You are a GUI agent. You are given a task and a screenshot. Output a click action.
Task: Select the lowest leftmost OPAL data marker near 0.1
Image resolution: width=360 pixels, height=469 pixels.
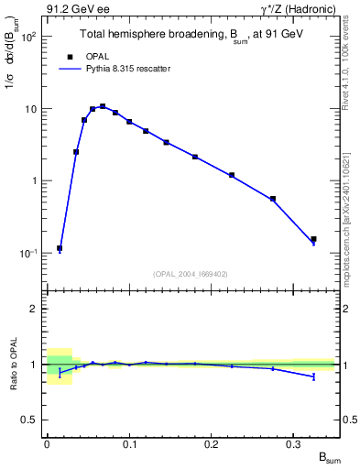(x=60, y=248)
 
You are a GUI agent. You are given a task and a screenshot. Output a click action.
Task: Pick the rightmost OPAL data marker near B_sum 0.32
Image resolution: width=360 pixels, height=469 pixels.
(x=313, y=239)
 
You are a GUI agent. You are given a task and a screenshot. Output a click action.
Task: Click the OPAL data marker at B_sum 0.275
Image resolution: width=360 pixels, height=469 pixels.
(x=273, y=199)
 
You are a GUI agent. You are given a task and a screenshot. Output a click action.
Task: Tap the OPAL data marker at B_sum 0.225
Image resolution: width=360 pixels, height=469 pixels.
(x=232, y=175)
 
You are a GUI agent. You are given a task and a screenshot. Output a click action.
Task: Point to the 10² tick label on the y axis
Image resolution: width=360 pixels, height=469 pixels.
(x=27, y=38)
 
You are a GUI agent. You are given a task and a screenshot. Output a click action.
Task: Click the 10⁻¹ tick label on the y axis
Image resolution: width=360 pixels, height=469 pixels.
(x=27, y=253)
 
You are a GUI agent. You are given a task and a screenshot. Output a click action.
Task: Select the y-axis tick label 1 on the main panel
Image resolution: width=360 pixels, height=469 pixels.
(x=34, y=181)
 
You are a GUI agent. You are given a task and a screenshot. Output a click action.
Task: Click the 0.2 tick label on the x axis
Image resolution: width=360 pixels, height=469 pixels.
(x=212, y=443)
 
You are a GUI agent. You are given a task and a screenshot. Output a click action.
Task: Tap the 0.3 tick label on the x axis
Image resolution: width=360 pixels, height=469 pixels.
(x=293, y=443)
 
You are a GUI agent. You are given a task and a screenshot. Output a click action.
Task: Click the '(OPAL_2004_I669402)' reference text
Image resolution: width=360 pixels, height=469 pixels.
(x=191, y=273)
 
